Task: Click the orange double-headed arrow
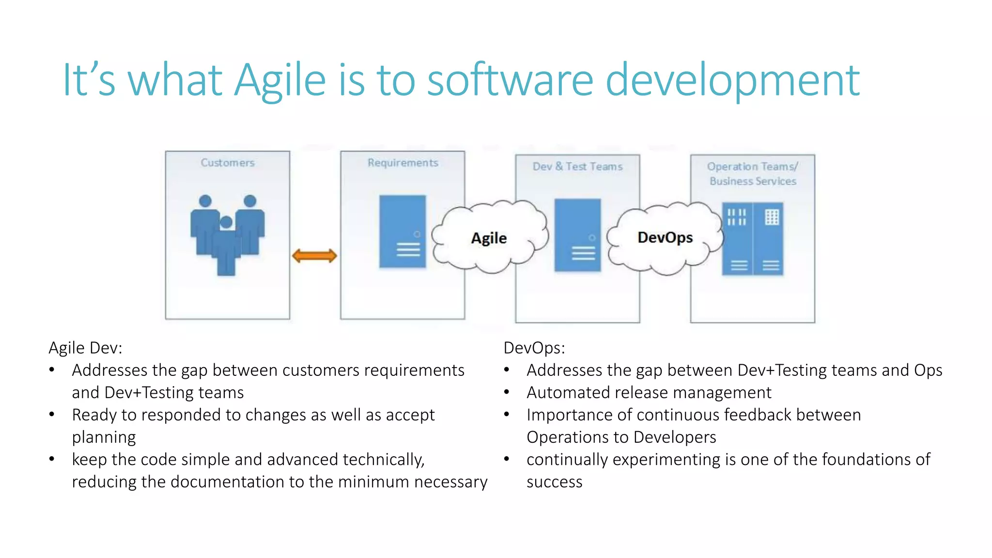point(314,256)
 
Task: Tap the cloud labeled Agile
point(489,238)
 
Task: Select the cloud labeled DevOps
point(665,237)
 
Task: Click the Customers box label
point(228,163)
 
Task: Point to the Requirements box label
point(403,163)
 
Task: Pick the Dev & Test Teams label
point(577,167)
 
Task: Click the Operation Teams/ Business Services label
point(753,174)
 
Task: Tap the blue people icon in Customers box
point(227,235)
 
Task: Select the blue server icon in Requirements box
point(403,232)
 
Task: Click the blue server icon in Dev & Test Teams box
point(577,235)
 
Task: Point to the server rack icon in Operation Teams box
point(752,239)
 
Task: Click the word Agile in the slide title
point(280,80)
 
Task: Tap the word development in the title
point(732,80)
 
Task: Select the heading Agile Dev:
point(85,348)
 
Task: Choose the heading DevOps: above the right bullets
point(534,348)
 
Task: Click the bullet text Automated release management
point(649,392)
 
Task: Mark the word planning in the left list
point(104,437)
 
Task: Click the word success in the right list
point(554,482)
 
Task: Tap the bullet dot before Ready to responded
point(52,415)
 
